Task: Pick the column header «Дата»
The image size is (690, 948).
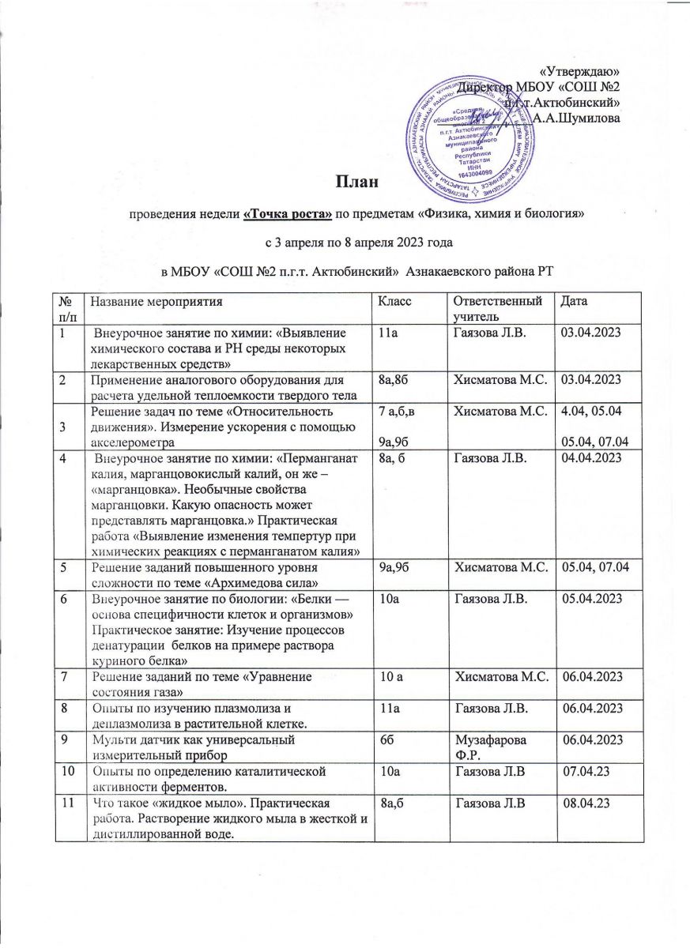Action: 575,301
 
